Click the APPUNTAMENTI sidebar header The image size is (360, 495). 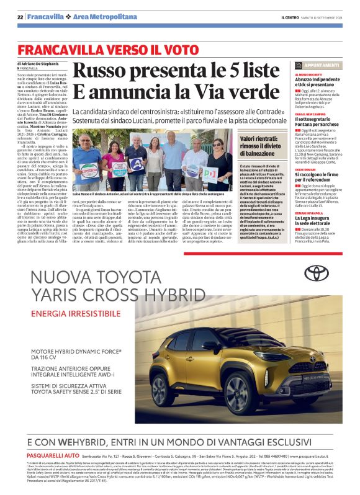322,65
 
